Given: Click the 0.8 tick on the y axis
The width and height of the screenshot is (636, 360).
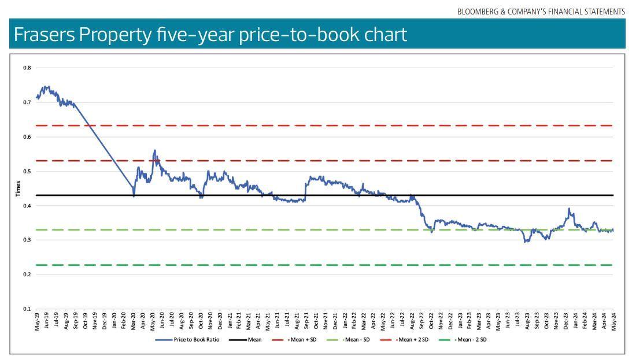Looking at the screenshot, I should (27, 68).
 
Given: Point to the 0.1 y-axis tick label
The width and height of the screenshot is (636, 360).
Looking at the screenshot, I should (27, 309).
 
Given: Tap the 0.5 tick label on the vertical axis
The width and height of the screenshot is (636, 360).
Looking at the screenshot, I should (27, 172).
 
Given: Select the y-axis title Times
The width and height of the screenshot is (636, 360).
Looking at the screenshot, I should (18, 188).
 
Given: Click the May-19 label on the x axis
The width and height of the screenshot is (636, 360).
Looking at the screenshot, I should (37, 321).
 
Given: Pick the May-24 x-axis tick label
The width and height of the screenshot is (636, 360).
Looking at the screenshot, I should (613, 321).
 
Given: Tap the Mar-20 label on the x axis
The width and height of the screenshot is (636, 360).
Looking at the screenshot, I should (134, 321).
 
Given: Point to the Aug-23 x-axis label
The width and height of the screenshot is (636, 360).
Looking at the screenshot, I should (527, 321).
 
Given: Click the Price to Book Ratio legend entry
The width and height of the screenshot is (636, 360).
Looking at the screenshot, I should (196, 340).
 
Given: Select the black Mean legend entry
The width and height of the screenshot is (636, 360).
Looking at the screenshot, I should (254, 340).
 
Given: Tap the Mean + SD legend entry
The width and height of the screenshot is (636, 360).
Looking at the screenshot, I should (303, 340).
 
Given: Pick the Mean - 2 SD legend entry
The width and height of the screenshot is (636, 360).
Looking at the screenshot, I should (471, 340).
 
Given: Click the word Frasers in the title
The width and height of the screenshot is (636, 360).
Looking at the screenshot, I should (45, 35).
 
